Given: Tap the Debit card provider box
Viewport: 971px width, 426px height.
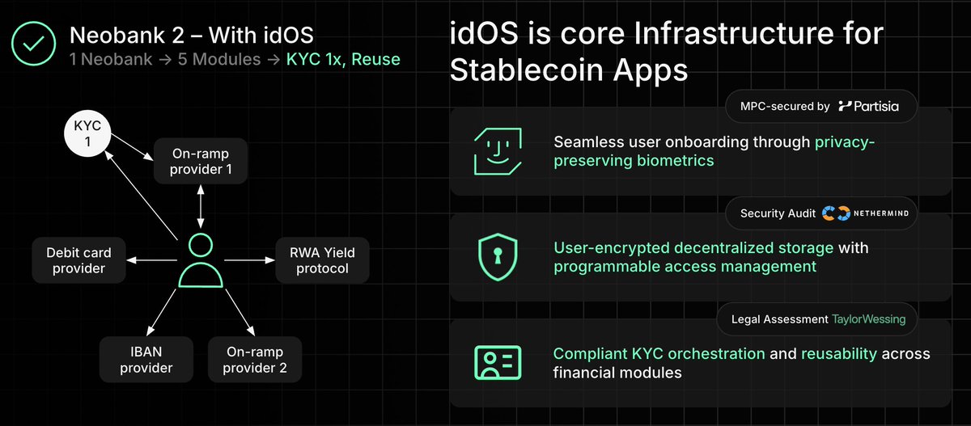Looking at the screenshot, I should coord(79,260).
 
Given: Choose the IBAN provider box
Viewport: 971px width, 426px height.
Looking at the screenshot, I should coord(146,360).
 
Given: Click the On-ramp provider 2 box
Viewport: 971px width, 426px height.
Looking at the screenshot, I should coord(255,360).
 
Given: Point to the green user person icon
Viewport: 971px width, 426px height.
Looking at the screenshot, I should coord(200,260).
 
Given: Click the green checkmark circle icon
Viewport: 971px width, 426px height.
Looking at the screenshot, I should coord(33,45).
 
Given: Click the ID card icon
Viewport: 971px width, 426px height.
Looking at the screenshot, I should coord(497,363).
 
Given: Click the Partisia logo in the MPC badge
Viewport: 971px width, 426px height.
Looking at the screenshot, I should coord(867,106).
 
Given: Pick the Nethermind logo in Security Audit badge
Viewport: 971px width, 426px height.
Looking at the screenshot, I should coord(861,213).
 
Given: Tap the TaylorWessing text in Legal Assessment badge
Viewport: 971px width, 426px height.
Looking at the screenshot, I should coord(868,319).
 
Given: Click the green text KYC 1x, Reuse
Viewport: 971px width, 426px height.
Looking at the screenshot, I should coord(343,60).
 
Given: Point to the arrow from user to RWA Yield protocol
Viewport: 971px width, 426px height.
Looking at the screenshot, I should coord(248,260).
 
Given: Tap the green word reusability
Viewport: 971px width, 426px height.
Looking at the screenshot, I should coord(836,354).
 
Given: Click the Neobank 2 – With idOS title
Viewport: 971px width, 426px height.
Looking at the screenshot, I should coord(191,35).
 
